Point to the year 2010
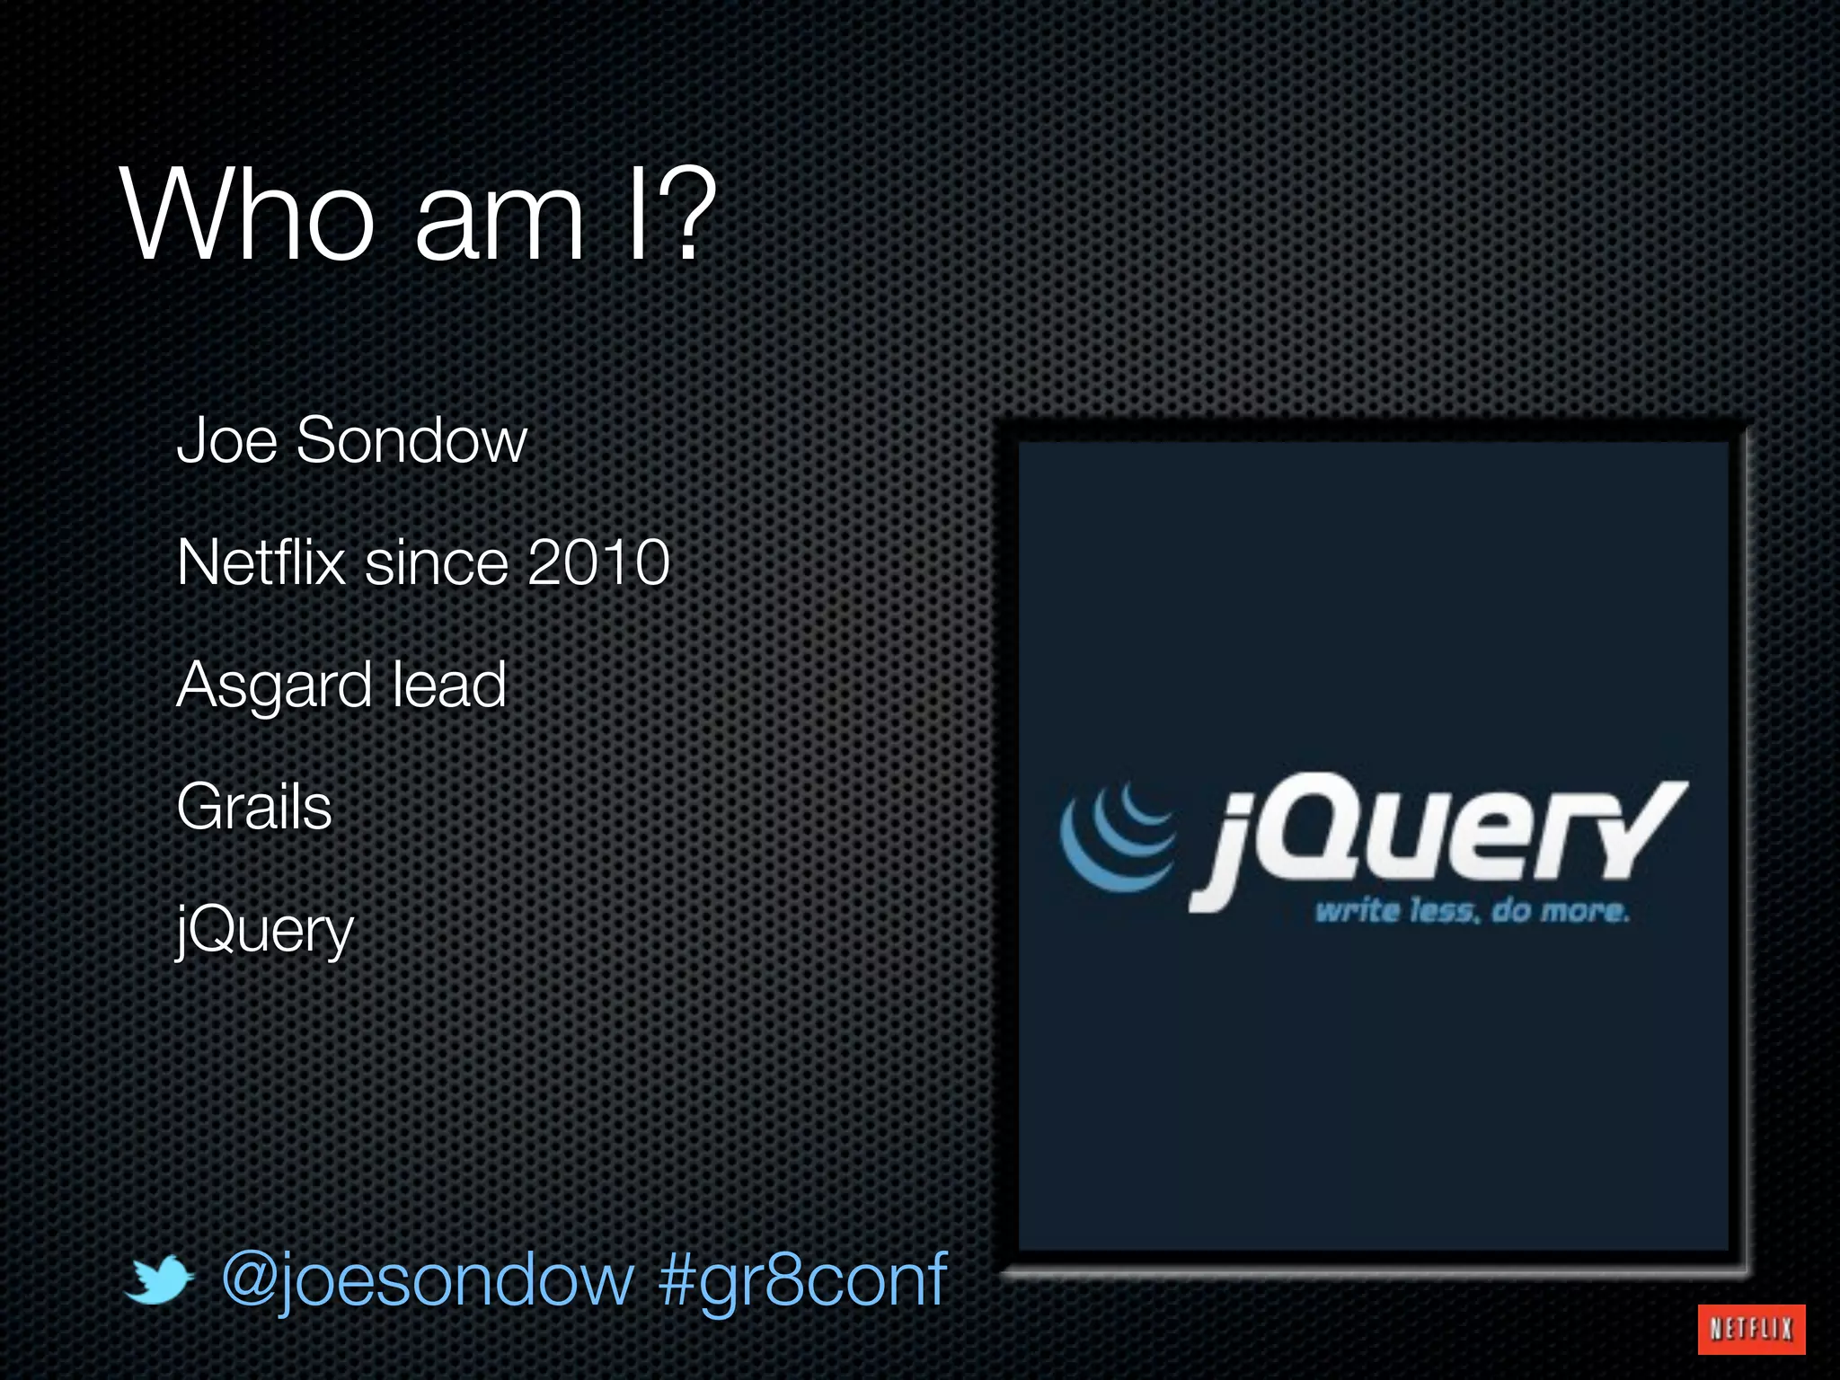pos(598,562)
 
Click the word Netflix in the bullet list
pos(261,562)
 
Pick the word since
pos(437,562)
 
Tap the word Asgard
pos(273,686)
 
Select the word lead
pos(449,685)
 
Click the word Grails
pos(254,807)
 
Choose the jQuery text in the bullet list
pos(265,931)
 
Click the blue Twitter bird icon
pos(158,1279)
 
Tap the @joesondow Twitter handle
pos(428,1279)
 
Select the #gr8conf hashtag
pos(802,1279)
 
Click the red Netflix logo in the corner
pos(1751,1329)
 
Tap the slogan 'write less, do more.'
pos(1472,911)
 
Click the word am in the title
pos(500,217)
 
